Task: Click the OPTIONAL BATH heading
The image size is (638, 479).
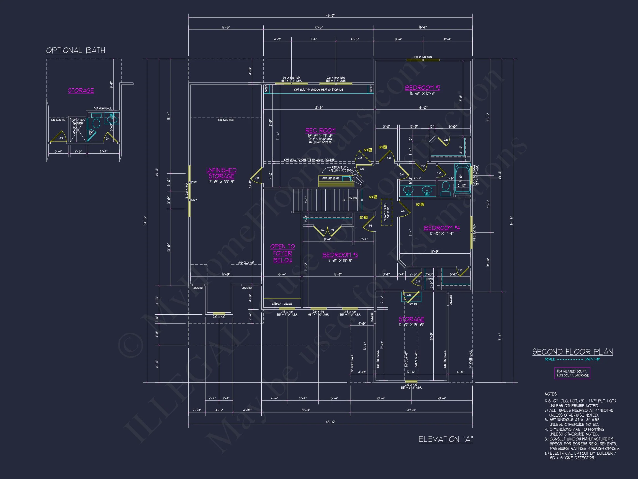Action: tap(76, 50)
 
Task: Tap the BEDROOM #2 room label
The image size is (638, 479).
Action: tap(422, 88)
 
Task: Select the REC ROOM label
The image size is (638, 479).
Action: tap(320, 131)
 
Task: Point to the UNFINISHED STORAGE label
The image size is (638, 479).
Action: tap(221, 173)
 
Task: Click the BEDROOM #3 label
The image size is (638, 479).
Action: tap(340, 255)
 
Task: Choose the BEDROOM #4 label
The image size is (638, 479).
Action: tap(442, 228)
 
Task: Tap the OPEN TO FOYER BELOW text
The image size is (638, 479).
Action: tap(282, 253)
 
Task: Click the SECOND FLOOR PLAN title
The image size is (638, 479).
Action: tap(572, 352)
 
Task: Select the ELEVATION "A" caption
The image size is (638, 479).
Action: tap(446, 439)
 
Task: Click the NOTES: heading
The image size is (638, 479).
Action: tap(551, 394)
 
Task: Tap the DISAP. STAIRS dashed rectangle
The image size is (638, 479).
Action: tap(387, 212)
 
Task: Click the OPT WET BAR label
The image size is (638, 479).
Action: tap(330, 179)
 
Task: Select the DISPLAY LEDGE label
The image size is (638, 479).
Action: tap(282, 304)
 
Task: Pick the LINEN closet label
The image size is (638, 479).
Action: tap(429, 279)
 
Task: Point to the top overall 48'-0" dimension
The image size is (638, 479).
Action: tap(331, 15)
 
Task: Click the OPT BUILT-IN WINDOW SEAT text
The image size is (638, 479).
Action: tap(318, 90)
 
